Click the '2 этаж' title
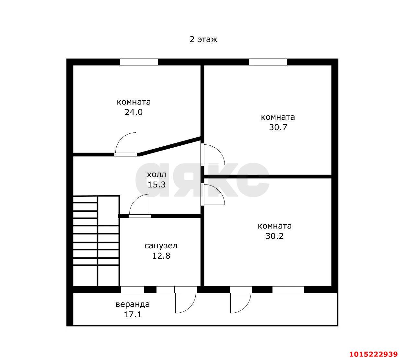(x=203, y=39)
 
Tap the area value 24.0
(x=133, y=112)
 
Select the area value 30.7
(x=278, y=127)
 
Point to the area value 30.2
(x=274, y=236)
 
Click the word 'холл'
(x=156, y=174)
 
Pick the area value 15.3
(x=156, y=185)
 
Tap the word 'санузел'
(x=161, y=246)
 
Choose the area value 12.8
(x=161, y=256)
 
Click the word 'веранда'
(x=133, y=304)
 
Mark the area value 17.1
(x=133, y=315)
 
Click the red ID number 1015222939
(x=374, y=354)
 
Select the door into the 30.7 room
(x=212, y=154)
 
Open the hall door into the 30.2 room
(x=212, y=194)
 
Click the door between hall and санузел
(x=140, y=206)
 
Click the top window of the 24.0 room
(x=139, y=62)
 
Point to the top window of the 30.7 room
(x=268, y=62)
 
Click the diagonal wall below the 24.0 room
(x=170, y=146)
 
